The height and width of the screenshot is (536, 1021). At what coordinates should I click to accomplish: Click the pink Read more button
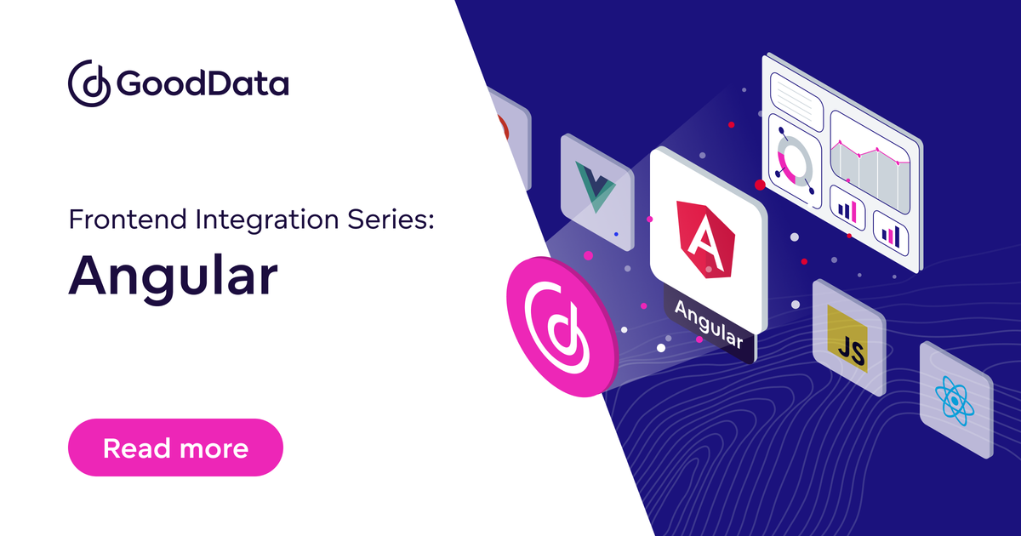(175, 448)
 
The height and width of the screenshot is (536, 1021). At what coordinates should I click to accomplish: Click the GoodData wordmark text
(202, 83)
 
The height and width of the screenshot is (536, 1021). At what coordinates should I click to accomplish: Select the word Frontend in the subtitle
(128, 220)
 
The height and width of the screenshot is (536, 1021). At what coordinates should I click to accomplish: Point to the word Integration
(266, 220)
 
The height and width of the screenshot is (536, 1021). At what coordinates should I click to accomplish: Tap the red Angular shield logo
(705, 239)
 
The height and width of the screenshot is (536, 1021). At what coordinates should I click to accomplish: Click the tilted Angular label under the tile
(709, 323)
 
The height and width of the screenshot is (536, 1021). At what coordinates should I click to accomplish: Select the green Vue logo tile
(597, 192)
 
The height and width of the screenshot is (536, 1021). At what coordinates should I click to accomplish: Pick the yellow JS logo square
(847, 339)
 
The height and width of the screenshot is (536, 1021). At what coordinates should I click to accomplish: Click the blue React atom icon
(955, 401)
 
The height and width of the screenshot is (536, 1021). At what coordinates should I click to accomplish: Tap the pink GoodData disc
(562, 327)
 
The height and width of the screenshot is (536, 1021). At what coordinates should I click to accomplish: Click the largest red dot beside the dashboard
(760, 185)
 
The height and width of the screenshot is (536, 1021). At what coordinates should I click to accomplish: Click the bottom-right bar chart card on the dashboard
(891, 233)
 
